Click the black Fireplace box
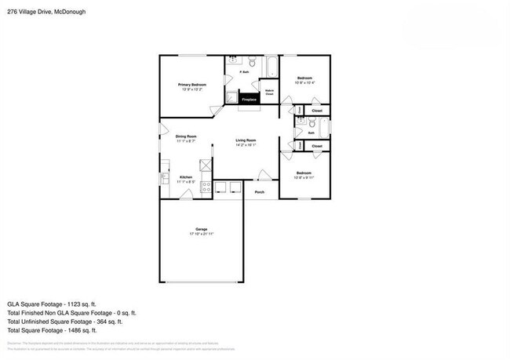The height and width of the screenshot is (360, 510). coord(250,100)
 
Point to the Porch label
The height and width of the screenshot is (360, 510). coord(259,191)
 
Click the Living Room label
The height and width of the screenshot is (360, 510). coord(246,140)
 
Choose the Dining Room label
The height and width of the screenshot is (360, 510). coord(186,136)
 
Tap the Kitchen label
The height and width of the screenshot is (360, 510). coord(186,177)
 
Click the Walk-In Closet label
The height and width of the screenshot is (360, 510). coord(269,93)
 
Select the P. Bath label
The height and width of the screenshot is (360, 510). coord(244,73)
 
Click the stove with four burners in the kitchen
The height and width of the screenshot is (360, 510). coord(206,187)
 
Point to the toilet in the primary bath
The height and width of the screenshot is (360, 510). coord(252,63)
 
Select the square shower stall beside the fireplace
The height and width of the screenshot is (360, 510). coord(232,96)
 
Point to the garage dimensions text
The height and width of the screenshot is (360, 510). coord(200,235)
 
